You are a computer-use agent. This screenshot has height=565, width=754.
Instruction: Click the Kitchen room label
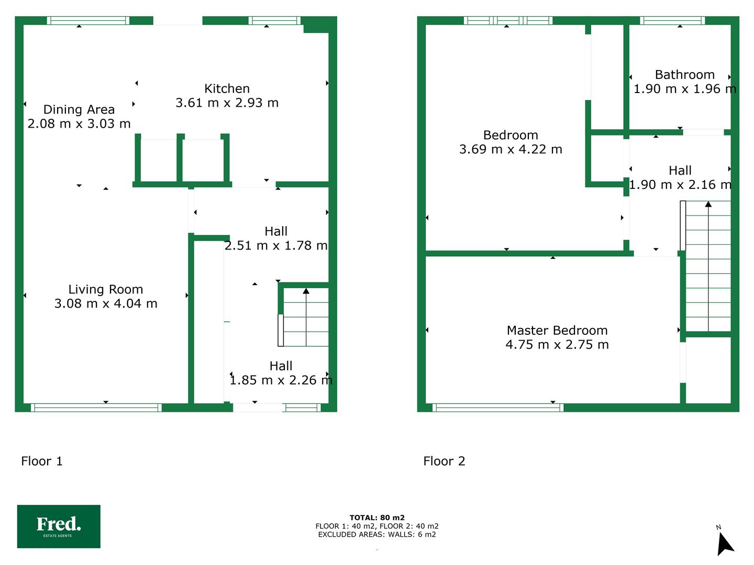pos(227,88)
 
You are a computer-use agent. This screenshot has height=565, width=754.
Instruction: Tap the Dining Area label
pos(79,109)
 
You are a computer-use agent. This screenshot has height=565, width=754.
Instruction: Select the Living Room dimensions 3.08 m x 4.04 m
pos(106,303)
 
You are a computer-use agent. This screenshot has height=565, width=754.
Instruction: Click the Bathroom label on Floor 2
pos(684,74)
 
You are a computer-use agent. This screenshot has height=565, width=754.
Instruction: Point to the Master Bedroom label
pos(557,330)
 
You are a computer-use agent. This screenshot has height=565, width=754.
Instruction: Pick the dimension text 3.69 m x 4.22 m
pos(511,149)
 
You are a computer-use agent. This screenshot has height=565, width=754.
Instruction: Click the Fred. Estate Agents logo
pos(59,526)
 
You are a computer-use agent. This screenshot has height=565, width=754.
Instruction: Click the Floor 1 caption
pos(42,461)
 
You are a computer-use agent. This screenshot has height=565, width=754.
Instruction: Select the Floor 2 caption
pos(444,461)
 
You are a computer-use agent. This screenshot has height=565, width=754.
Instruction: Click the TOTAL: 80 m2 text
pos(377,517)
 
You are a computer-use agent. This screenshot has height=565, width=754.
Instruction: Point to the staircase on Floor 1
pos(304,317)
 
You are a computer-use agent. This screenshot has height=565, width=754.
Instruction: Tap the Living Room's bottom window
pos(96,408)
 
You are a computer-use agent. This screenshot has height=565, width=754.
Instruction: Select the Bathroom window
pos(672,20)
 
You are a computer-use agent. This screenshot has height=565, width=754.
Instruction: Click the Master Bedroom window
pos(498,408)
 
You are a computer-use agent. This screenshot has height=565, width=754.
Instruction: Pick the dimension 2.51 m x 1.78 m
pos(276,246)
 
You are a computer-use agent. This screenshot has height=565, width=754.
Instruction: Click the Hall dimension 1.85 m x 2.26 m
pos(281,380)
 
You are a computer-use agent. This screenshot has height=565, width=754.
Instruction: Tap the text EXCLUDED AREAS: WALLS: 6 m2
pos(377,535)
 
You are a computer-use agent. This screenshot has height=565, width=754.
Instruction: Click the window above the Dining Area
pos(88,20)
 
